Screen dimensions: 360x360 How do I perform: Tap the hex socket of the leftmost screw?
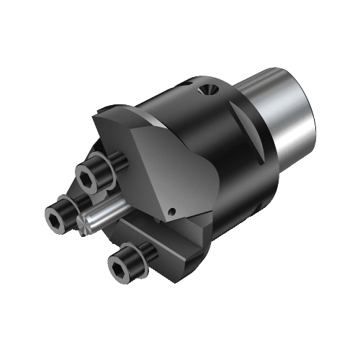click(55, 213)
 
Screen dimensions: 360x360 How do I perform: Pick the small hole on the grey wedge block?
click(172, 210)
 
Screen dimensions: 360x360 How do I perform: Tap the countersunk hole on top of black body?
click(208, 91)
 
